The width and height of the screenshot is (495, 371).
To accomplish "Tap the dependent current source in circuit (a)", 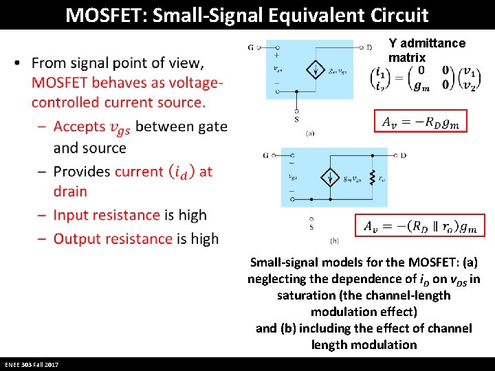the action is pos(316,69).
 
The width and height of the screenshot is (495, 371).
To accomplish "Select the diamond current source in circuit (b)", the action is pos(331,177).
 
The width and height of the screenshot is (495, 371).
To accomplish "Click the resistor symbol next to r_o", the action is pos(371,178).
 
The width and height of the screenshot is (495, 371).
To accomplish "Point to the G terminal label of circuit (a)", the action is pos(250,47).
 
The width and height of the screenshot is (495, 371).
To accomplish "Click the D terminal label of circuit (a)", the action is pos(370,47).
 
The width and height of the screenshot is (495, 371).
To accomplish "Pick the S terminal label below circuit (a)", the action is pos(296,120).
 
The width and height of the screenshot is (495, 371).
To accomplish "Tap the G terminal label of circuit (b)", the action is pos(265,155).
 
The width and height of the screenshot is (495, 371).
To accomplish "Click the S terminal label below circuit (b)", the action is pos(311,226).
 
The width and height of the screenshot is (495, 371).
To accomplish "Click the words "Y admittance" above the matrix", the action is pos(427,43).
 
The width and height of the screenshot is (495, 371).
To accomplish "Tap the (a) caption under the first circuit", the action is pos(310,133).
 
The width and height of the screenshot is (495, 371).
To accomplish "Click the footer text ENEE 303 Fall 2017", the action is pos(32,364).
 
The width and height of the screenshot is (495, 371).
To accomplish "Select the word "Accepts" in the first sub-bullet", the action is pos(78,126).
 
